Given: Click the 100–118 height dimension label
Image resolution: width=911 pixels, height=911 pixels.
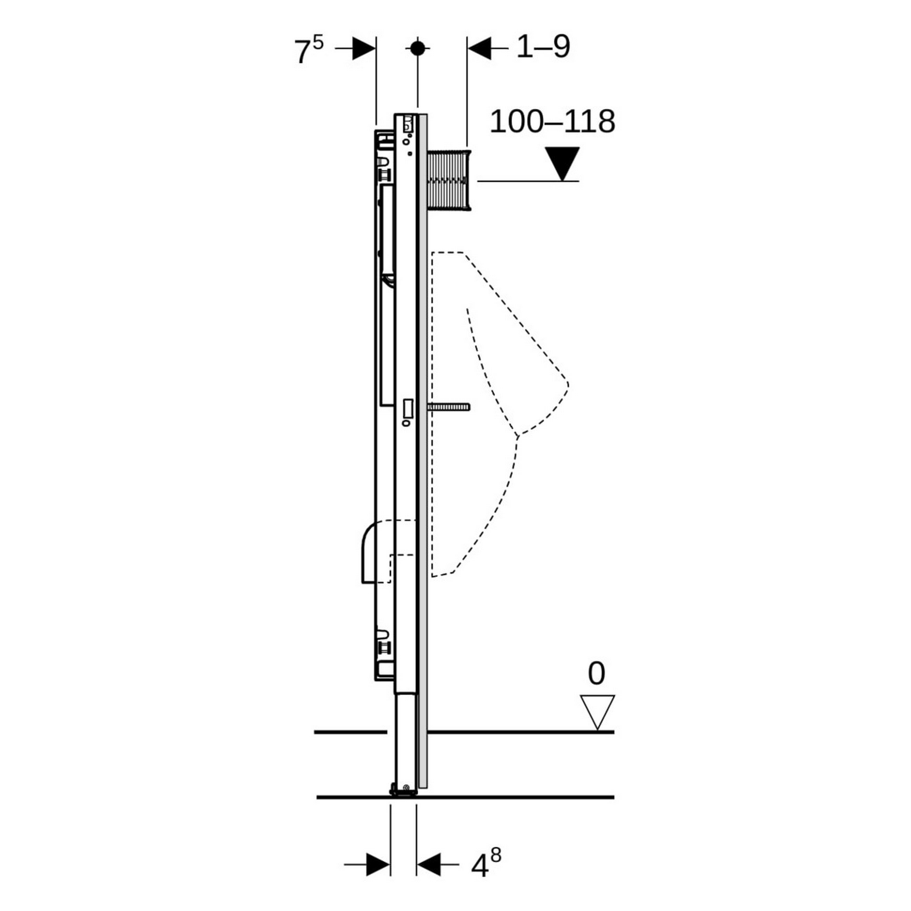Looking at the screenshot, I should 552,122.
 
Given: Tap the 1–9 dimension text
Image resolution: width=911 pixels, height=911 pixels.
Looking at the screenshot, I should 543,47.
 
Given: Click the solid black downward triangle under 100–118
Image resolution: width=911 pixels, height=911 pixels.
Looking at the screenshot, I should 562,162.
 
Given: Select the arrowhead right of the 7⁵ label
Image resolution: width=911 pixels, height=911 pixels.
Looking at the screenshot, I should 364,49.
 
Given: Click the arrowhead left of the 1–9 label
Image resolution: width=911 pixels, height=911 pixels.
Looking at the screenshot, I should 479,48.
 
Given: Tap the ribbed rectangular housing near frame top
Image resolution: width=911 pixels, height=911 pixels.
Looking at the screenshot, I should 449,179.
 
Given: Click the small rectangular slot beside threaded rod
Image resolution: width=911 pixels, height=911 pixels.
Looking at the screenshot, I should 408,408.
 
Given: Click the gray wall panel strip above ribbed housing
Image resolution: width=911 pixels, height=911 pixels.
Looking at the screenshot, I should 423,132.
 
